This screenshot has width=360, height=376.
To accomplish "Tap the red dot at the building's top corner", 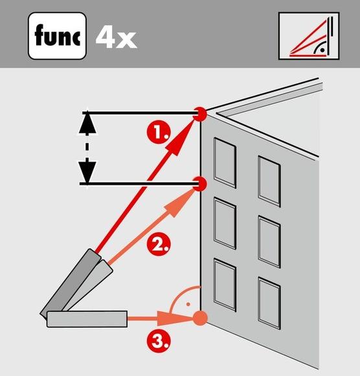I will [201, 114].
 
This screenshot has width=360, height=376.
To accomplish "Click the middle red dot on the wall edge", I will [200, 185].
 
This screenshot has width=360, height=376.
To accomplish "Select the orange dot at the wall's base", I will [201, 318].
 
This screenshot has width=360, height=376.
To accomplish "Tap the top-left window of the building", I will [225, 161].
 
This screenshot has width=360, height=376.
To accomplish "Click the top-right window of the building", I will [269, 180].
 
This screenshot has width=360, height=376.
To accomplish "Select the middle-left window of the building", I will [225, 222].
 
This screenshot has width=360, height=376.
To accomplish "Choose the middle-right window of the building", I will [269, 242].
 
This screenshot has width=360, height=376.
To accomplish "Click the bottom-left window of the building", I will [225, 283].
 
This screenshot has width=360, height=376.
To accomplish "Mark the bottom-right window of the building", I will [269, 301].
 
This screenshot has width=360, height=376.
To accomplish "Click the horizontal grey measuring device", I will [85, 318].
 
